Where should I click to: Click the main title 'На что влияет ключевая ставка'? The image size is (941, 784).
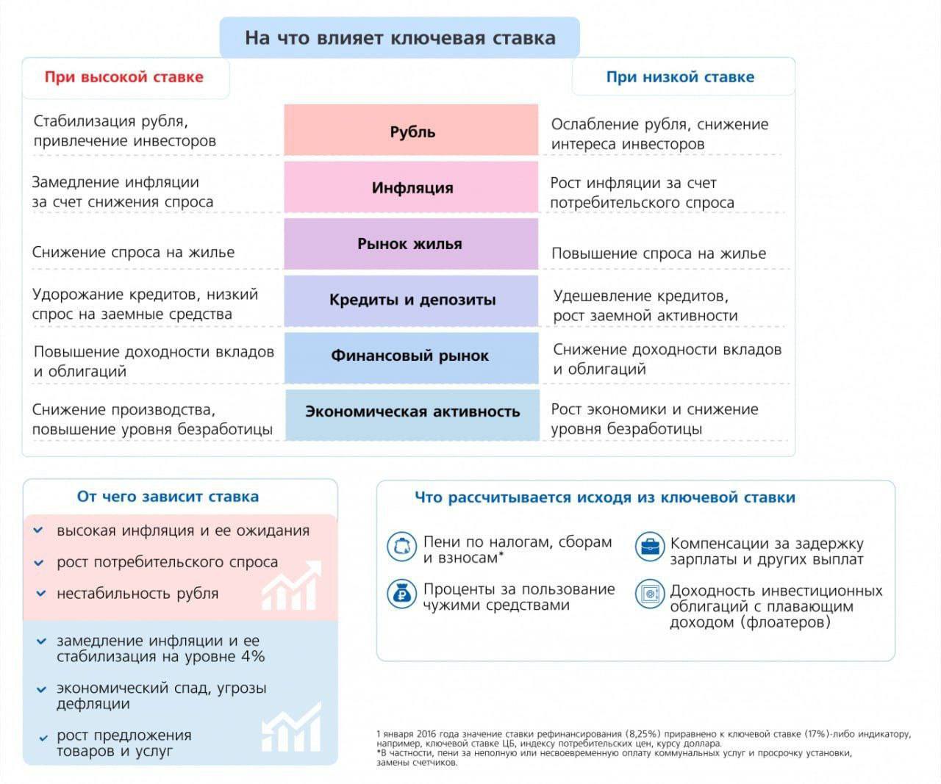(399, 38)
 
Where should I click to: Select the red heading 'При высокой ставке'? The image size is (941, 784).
(124, 77)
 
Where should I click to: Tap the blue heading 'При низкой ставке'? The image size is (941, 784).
(680, 77)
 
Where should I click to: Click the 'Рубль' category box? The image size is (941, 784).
(412, 131)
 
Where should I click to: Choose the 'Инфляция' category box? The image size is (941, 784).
(412, 187)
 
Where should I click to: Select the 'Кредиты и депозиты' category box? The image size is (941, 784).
(412, 300)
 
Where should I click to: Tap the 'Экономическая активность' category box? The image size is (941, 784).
(412, 412)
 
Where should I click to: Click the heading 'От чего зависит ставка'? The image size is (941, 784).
(168, 497)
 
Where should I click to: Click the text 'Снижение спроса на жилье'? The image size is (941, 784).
(133, 252)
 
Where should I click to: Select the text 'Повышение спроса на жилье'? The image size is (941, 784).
(658, 253)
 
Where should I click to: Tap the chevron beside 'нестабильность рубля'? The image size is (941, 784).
(40, 594)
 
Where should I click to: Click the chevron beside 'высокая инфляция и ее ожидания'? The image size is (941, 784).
(40, 531)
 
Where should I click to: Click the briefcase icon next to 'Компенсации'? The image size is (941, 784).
(650, 547)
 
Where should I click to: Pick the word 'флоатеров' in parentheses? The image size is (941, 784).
(786, 622)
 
